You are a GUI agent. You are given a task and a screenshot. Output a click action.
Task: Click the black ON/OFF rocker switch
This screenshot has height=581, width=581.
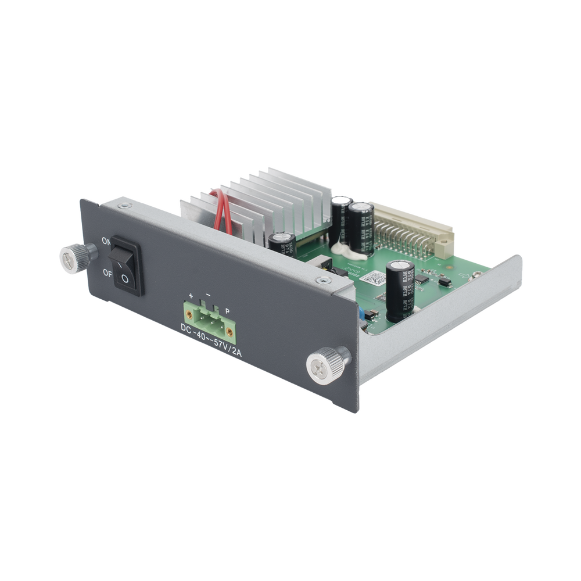point(127,263)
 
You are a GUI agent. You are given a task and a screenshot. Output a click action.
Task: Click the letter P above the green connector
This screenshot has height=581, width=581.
point(227,311)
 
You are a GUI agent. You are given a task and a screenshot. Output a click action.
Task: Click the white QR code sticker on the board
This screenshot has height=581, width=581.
point(372,277)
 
